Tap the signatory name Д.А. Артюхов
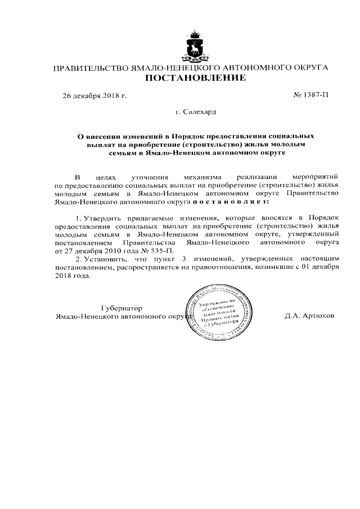coord(309,316)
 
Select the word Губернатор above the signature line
coord(121,308)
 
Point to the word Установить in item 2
coord(105,258)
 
